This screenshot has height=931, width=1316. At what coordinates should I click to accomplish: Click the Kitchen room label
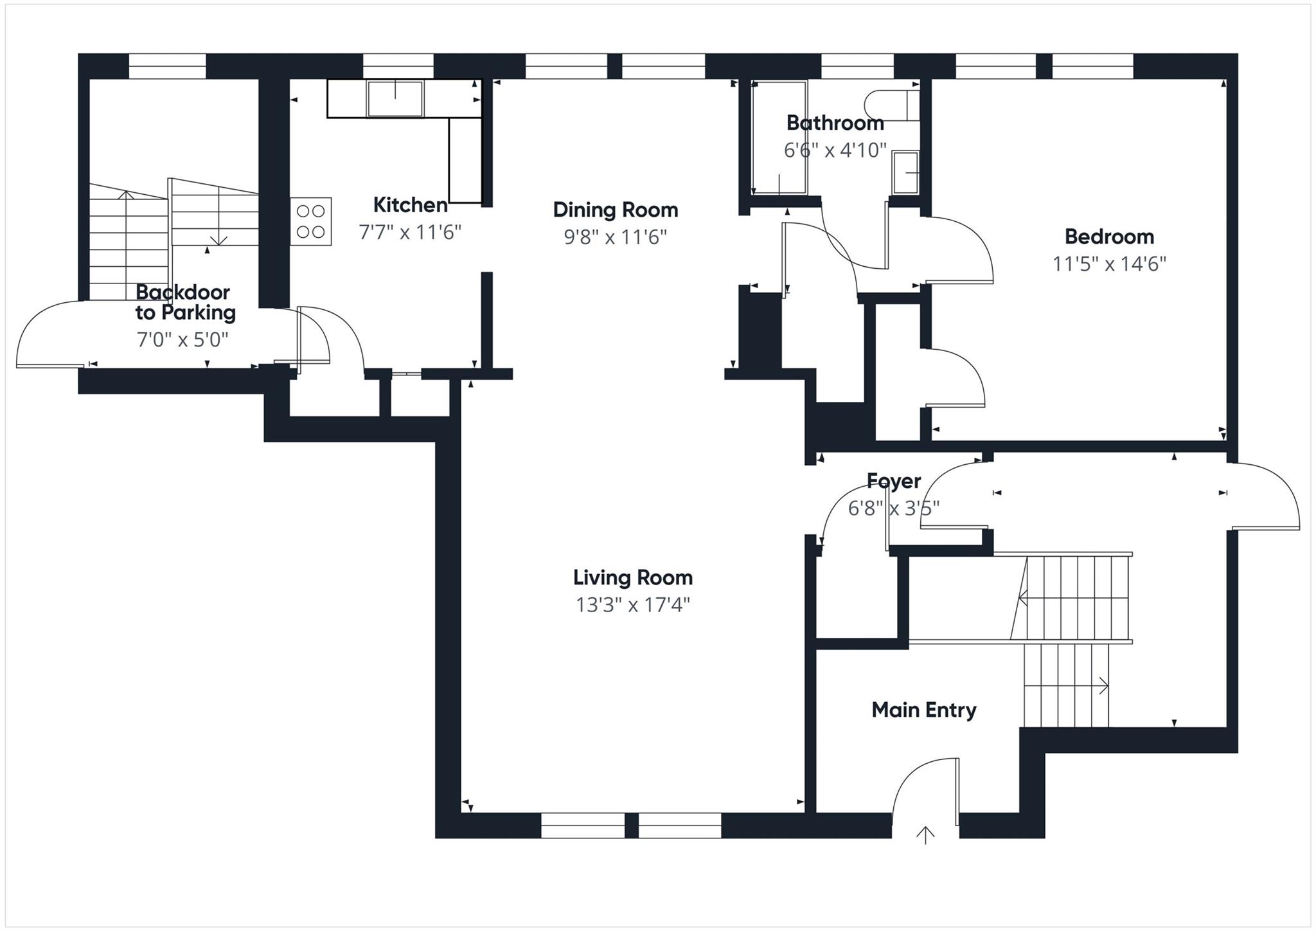pos(410,205)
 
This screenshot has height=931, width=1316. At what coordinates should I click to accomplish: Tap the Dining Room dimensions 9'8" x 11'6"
pos(615,237)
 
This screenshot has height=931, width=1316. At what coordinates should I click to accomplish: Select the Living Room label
pos(632,577)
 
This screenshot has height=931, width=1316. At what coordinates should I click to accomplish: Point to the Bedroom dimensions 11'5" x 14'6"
pos(1108,264)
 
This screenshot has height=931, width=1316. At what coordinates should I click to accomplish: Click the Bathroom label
pos(835,122)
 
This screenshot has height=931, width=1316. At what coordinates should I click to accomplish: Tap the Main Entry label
pos(923,710)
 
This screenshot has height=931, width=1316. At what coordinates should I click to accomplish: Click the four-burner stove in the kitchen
pos(310,221)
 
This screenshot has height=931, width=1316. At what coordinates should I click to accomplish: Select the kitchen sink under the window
pos(395,98)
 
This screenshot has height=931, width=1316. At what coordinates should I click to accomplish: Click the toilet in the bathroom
pos(890,105)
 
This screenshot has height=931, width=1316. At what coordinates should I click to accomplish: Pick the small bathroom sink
pos(906,172)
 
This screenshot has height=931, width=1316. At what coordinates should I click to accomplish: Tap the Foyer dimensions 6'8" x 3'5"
pos(893,509)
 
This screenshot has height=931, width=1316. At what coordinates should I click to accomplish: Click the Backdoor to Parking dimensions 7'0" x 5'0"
pos(182,339)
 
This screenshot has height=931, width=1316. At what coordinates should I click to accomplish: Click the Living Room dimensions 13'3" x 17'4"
pos(632,605)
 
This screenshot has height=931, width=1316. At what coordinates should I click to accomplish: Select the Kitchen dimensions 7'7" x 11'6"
pos(410,232)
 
